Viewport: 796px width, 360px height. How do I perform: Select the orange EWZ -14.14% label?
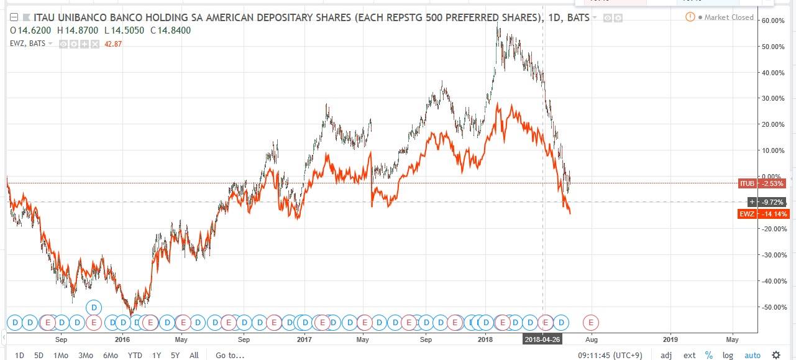pos(764,214)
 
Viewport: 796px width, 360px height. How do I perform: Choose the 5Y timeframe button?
pos(175,355)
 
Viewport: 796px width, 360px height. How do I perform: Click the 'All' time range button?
pos(194,355)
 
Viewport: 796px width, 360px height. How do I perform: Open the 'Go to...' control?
pos(230,355)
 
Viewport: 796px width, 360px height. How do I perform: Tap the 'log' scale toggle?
pos(728,355)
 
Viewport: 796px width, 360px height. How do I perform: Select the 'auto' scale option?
pos(753,355)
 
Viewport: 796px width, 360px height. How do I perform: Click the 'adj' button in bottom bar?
pos(666,355)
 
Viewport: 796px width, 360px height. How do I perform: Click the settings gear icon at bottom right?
pos(776,355)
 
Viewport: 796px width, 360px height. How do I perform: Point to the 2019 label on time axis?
pos(670,339)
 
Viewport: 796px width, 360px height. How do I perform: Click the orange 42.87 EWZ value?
pos(114,44)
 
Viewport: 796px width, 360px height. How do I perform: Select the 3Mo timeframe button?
pos(85,355)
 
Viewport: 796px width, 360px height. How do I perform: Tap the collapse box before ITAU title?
pos(6,18)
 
